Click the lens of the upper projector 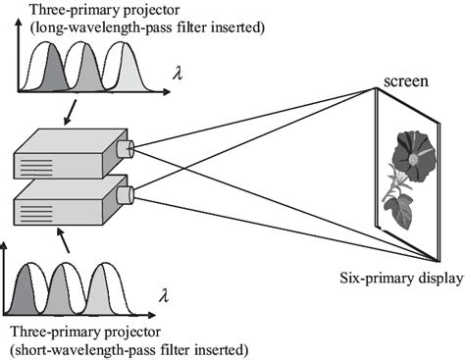(x=124, y=149)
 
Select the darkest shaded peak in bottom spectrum (x=25, y=294)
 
